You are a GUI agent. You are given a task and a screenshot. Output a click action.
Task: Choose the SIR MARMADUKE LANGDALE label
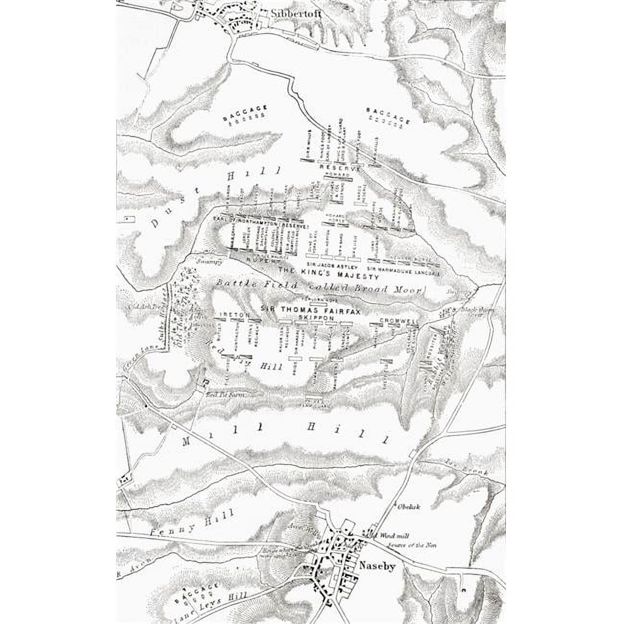tap(403, 269)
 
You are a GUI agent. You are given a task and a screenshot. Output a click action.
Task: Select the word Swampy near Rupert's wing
tap(210, 262)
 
